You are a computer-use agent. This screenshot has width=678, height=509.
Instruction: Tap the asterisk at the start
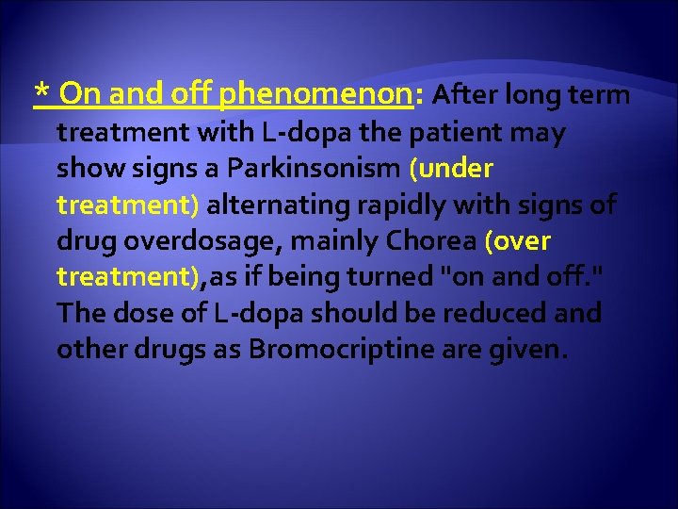(40, 93)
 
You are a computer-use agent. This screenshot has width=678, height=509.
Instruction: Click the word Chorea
(434, 240)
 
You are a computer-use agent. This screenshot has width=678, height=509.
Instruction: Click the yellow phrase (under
(451, 169)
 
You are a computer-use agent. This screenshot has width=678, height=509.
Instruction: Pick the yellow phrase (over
(517, 240)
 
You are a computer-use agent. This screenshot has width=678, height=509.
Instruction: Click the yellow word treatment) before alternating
(127, 205)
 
